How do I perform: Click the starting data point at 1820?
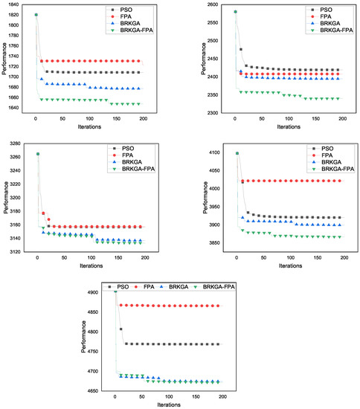pos(36,15)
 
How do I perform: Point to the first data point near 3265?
pos(37,154)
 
